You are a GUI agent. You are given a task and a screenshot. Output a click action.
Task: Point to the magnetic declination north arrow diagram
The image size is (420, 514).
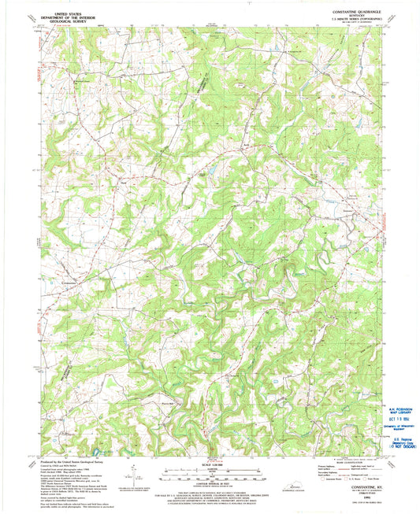coord(132,477)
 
